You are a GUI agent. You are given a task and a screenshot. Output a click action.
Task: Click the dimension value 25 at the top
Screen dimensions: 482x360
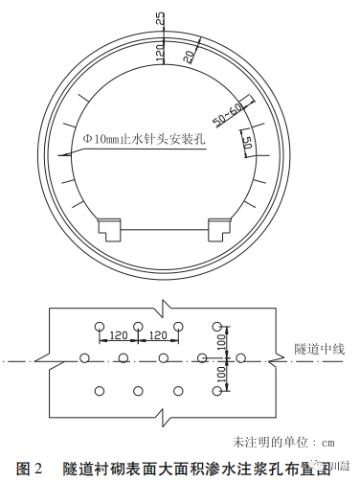161,19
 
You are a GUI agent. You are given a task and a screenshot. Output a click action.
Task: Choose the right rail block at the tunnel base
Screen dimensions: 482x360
218,229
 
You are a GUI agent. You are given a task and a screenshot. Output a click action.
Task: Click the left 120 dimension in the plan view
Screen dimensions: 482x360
119,336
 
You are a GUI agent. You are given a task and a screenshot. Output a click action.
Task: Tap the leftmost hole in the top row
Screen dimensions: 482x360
100,326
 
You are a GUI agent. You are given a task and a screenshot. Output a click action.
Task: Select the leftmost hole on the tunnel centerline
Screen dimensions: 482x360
84,358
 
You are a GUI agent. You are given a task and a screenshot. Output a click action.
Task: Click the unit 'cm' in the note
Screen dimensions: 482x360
325,443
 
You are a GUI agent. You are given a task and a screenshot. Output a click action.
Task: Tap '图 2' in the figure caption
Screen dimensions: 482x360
30,469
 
